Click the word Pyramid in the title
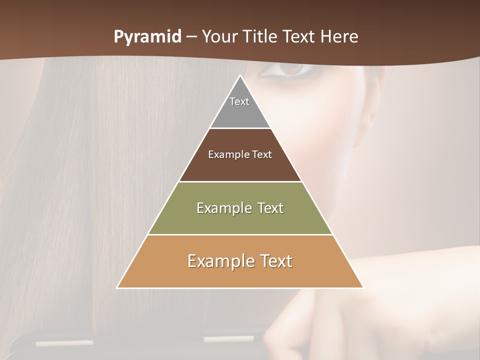tap(147, 37)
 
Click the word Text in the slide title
tap(299, 36)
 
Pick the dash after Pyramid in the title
tap(191, 37)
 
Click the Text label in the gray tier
tap(239, 101)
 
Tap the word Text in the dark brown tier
tap(262, 154)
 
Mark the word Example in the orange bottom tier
tap(219, 261)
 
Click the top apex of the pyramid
tap(240, 75)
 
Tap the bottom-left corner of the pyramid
tap(117, 287)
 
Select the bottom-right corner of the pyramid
tap(362, 287)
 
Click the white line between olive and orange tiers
tap(240, 234)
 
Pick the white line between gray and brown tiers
tap(240, 128)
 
